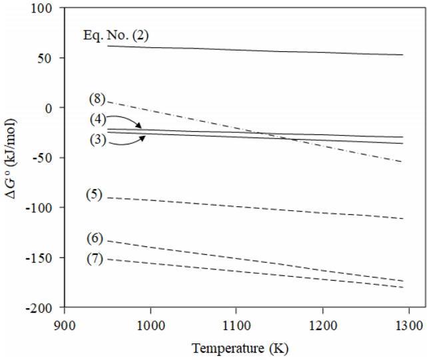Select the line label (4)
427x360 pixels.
tap(97, 120)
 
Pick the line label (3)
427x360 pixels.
tap(97, 141)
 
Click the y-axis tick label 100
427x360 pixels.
tap(45, 8)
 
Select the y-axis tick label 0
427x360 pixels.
tap(52, 108)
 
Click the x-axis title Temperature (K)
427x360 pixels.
tap(236, 347)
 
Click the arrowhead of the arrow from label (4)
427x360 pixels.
tap(140, 127)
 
